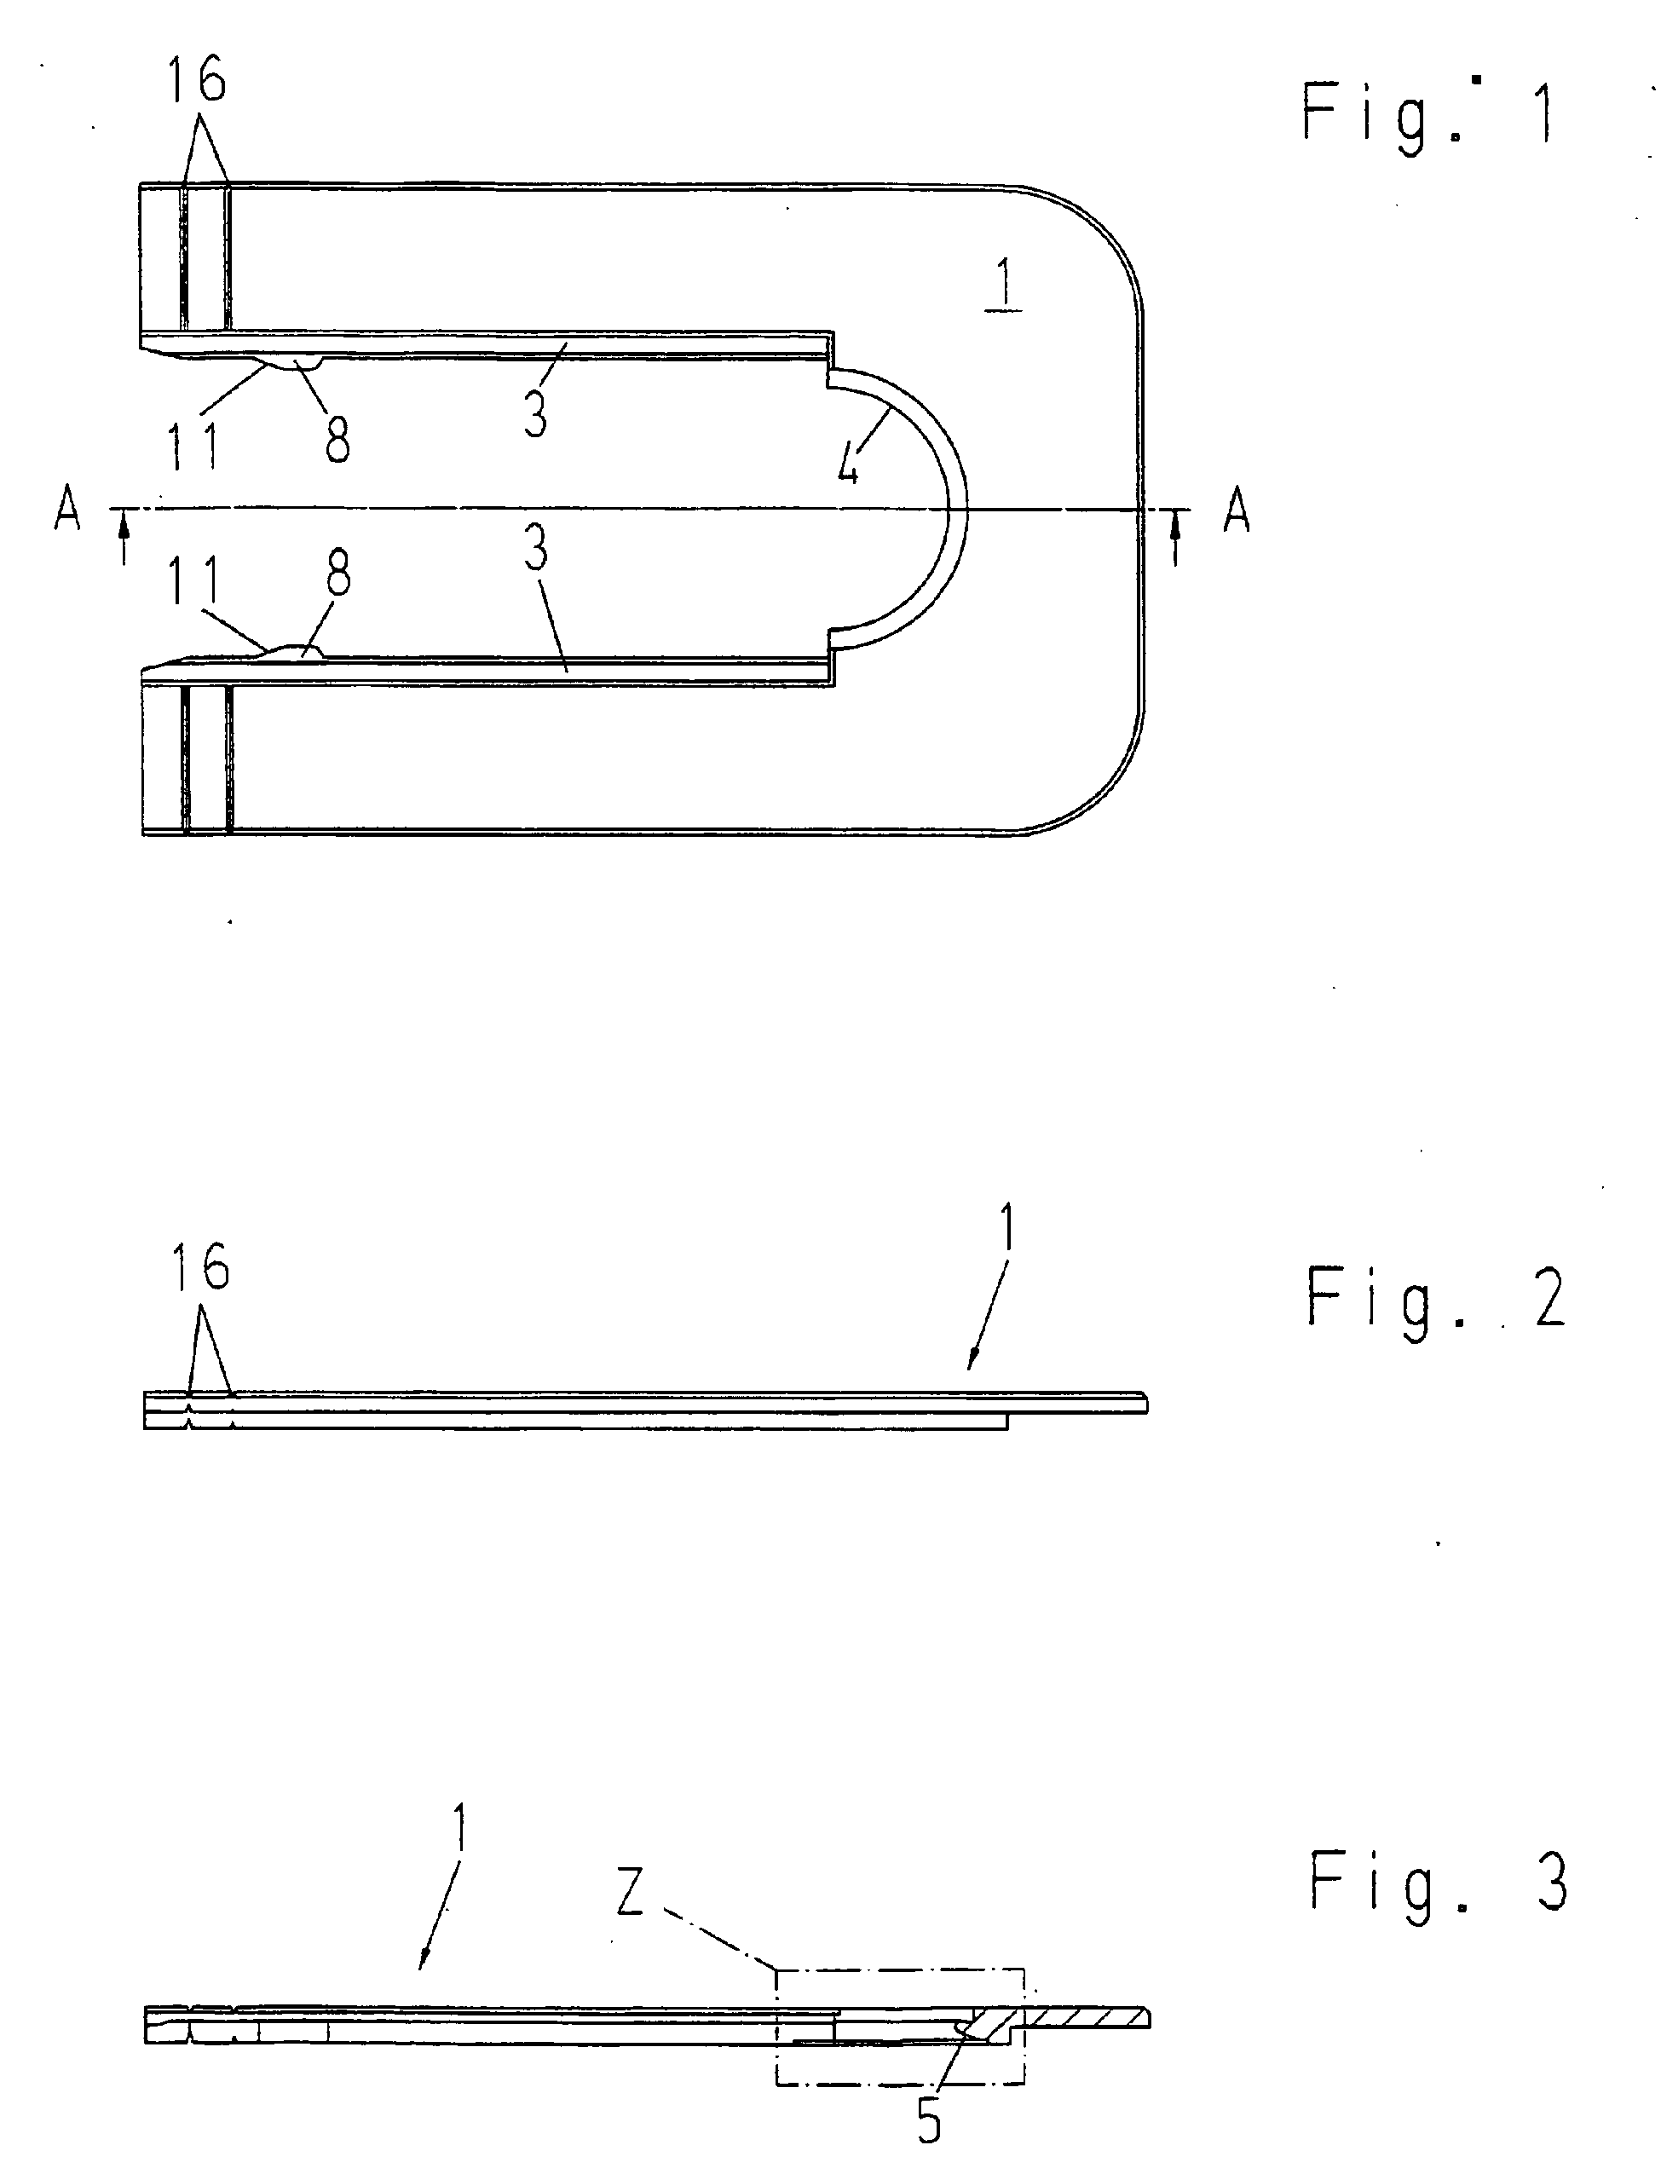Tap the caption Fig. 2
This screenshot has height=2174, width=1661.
(x=1435, y=1299)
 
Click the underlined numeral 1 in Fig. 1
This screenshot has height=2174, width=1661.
(x=1005, y=284)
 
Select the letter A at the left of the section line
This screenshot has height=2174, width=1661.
(x=67, y=511)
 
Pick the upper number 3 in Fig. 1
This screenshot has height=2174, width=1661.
(x=536, y=412)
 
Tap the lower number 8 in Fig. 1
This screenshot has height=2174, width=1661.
(x=338, y=574)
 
